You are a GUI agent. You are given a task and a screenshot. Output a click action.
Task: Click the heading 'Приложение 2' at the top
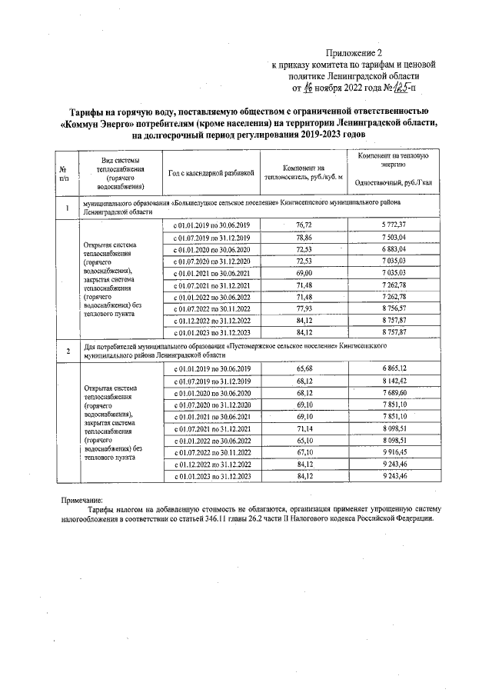[x=354, y=53]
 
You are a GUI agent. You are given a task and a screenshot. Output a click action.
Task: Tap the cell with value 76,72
[x=304, y=224]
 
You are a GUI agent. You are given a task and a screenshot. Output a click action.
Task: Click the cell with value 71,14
[x=304, y=428]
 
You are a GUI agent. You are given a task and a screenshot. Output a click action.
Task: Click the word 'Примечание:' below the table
[x=81, y=501]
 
